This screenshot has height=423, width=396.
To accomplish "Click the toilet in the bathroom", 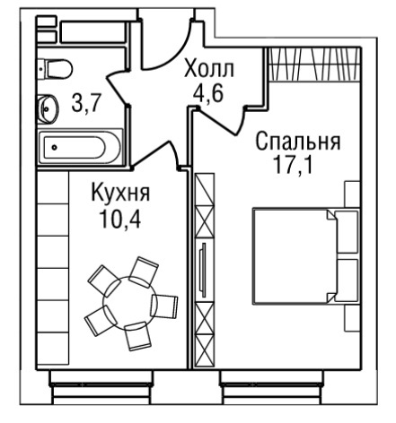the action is click(56, 69).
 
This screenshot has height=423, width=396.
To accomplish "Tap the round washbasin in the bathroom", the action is click(48, 108).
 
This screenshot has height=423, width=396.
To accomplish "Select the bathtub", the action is click(80, 147).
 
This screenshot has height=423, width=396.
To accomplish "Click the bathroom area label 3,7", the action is click(85, 102).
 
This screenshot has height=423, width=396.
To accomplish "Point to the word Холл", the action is click(208, 69).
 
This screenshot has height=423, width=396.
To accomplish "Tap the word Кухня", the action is click(120, 193).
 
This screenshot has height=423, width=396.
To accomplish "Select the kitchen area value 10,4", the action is click(120, 219).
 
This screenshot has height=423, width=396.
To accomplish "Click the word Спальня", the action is click(298, 142).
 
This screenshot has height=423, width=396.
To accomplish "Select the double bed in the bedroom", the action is click(306, 256).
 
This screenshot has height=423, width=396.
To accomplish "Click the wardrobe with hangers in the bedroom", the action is click(313, 65).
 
